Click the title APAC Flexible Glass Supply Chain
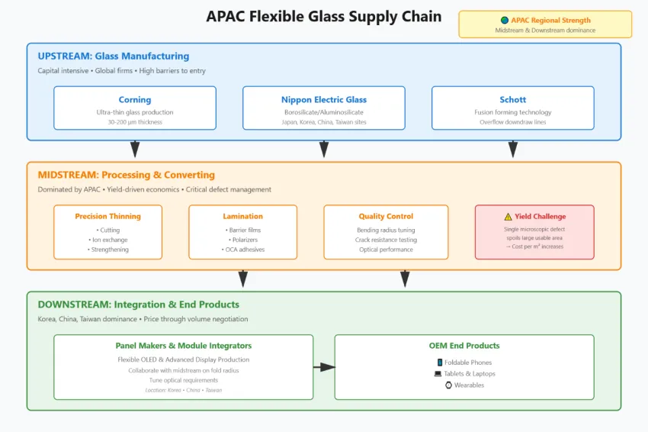pyautogui.click(x=323, y=17)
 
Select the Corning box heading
pyautogui.click(x=135, y=99)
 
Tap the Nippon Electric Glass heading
pyautogui.click(x=323, y=99)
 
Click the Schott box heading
pyautogui.click(x=512, y=99)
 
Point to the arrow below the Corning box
pyautogui.click(x=135, y=149)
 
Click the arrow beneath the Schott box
pyautogui.click(x=512, y=149)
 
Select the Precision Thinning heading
pyautogui.click(x=107, y=216)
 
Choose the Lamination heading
pyautogui.click(x=242, y=216)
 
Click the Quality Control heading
pyautogui.click(x=386, y=216)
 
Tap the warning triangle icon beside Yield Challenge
pyautogui.click(x=508, y=216)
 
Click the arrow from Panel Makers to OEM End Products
pyautogui.click(x=324, y=367)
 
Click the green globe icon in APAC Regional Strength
pyautogui.click(x=504, y=21)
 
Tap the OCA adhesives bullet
pyautogui.click(x=242, y=250)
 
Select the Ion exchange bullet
pyautogui.click(x=107, y=240)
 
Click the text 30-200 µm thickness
pyautogui.click(x=135, y=122)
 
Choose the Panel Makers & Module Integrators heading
pyautogui.click(x=183, y=346)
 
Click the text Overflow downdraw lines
pyautogui.click(x=512, y=122)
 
